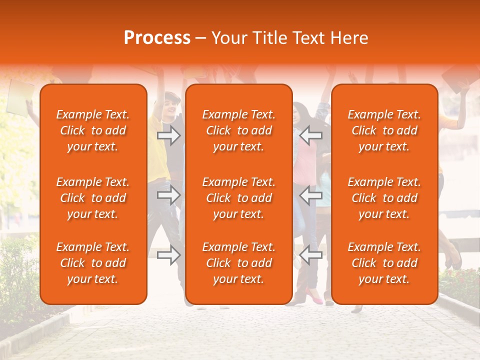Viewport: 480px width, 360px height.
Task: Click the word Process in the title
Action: [157, 38]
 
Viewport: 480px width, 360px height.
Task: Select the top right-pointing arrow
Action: [168, 135]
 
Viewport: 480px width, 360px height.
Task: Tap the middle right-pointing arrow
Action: [168, 195]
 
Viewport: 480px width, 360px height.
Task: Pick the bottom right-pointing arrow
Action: [168, 255]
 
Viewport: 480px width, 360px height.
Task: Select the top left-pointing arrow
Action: [311, 135]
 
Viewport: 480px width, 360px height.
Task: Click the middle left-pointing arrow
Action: [311, 195]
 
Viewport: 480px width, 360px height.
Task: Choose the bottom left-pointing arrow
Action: [311, 255]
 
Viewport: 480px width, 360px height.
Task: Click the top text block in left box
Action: [93, 130]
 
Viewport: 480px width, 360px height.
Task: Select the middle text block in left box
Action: [93, 198]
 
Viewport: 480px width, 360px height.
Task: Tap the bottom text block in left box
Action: [93, 263]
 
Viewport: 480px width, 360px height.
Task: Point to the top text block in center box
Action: [239, 130]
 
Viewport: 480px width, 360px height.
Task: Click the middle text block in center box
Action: [239, 198]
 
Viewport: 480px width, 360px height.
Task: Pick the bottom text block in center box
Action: [239, 263]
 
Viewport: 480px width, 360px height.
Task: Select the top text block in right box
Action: [384, 130]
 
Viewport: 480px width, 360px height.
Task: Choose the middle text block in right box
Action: [384, 198]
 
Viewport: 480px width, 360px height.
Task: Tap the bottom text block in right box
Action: [384, 263]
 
